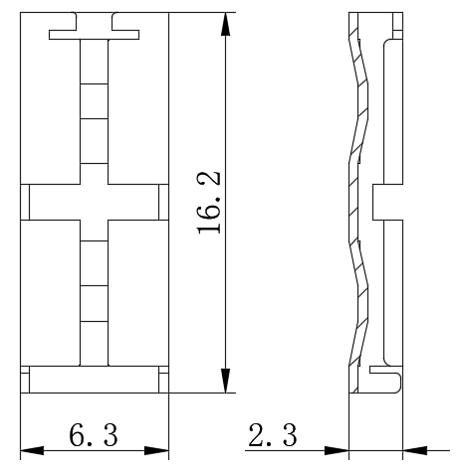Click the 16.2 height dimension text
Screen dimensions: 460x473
point(209,203)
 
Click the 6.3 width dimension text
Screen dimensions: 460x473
point(94,435)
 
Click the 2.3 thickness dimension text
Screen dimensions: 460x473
point(273,435)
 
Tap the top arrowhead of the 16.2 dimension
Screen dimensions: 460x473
point(225,24)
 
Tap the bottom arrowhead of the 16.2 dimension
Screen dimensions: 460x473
point(225,381)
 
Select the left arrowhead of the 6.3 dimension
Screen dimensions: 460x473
point(32,450)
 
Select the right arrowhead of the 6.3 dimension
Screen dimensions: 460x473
point(157,450)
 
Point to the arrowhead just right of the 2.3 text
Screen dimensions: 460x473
point(337,450)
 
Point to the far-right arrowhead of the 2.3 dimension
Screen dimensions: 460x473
point(415,450)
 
